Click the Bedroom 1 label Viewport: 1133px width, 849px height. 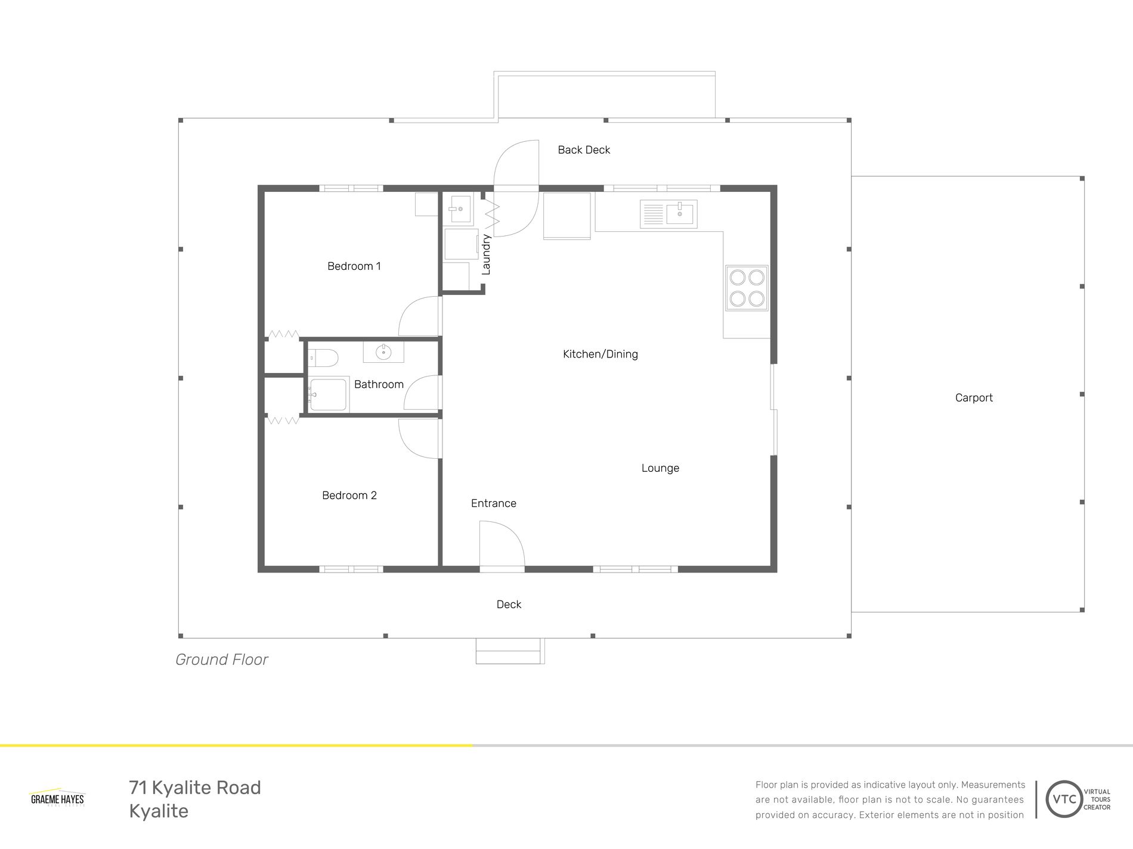354,266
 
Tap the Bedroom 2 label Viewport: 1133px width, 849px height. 349,495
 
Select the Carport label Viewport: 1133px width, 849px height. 973,398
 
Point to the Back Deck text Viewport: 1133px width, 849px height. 583,150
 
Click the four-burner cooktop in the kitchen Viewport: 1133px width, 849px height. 747,288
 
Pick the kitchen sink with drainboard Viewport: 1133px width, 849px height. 668,214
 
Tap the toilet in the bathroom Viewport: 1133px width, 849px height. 324,358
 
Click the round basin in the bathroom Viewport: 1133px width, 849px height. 383,352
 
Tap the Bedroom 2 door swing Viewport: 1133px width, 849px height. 420,438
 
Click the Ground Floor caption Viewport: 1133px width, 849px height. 221,660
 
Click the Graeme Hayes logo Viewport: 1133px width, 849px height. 57,798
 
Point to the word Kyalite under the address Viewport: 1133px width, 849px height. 159,811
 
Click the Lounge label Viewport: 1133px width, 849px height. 660,468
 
